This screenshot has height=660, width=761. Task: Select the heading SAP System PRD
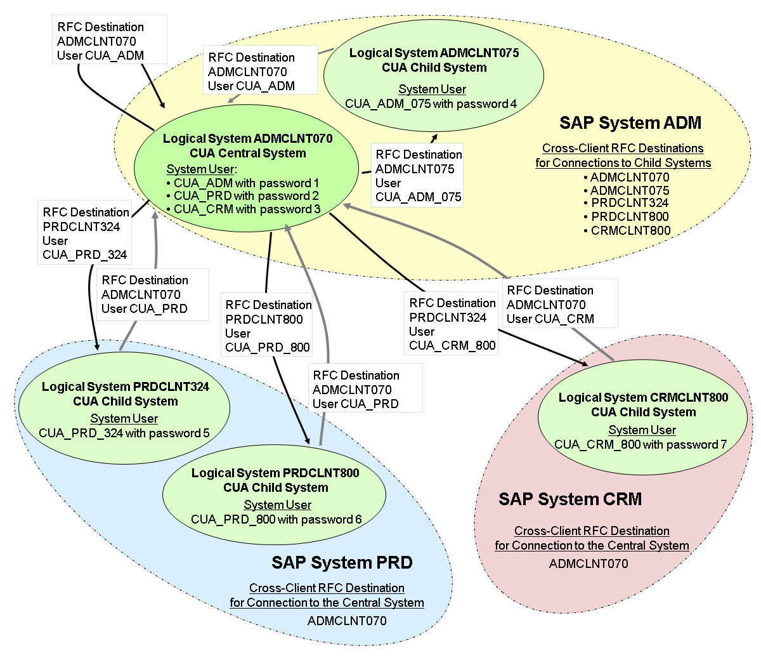point(342,563)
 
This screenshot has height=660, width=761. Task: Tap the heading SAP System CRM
point(570,499)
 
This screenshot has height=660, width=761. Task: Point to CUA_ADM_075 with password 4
point(431,104)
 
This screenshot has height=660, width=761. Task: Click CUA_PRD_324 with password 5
point(124,433)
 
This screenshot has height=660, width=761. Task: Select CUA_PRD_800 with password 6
point(276,520)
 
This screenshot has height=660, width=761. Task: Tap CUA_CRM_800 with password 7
point(641,445)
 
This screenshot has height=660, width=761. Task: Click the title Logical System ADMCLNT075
point(434,53)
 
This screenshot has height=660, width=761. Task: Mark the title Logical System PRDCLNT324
point(126,387)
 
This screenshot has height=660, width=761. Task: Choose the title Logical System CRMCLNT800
point(643,398)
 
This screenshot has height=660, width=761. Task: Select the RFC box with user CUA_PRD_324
point(85,234)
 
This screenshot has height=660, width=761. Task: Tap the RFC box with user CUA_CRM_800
point(452,324)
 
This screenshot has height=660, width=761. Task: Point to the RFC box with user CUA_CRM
point(551,305)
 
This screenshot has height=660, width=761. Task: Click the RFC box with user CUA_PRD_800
point(268,326)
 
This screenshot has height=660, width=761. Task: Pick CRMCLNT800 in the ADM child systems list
point(630,231)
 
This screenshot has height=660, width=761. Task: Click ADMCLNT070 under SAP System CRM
point(589,564)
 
